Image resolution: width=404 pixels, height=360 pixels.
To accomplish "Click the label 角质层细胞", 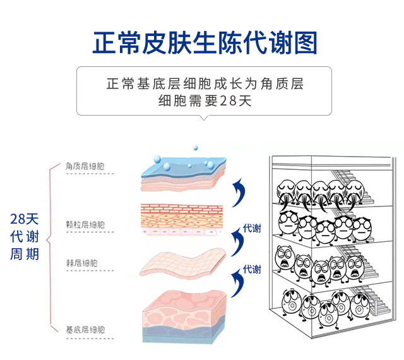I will click(x=85, y=167).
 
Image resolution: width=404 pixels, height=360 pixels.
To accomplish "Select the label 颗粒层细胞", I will click(x=85, y=224).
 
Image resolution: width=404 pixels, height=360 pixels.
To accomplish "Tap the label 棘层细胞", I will click(x=82, y=262).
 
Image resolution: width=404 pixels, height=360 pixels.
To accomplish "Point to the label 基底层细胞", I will click(x=85, y=330).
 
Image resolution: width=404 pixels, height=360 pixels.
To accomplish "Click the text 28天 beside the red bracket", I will click(x=25, y=219).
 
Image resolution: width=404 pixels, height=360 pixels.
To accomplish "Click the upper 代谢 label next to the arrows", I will click(x=252, y=228).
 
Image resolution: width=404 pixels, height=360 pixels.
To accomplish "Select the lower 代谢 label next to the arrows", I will click(x=252, y=270).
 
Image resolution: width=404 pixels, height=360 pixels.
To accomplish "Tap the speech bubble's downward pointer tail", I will click(x=203, y=118).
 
